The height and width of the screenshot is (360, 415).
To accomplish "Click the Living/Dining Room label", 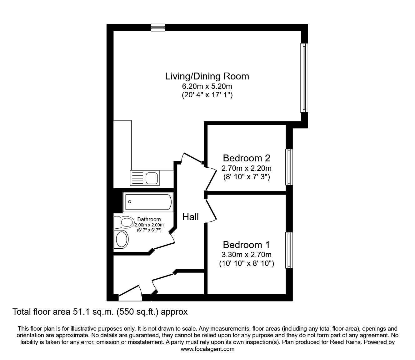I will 207,76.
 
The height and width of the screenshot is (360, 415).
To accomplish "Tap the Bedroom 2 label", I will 246,158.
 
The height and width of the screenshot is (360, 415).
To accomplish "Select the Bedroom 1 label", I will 246,245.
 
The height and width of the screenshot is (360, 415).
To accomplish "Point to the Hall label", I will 190,217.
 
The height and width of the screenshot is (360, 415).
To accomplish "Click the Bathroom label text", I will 149,220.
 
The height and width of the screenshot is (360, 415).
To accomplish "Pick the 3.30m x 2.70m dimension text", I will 246,255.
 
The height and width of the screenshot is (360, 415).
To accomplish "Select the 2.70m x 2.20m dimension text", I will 246,168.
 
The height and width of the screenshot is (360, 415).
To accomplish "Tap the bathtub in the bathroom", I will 148,202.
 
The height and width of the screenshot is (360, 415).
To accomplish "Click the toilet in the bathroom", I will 124,222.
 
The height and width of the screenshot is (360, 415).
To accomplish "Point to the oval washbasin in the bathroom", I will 122,240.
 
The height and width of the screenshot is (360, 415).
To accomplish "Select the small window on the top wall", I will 157,28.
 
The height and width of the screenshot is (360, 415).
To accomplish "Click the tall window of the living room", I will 304,78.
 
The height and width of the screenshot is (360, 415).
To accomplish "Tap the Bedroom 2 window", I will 289,167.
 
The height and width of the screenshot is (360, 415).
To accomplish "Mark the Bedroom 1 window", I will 289,250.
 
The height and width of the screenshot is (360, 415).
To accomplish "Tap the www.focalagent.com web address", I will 207,349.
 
